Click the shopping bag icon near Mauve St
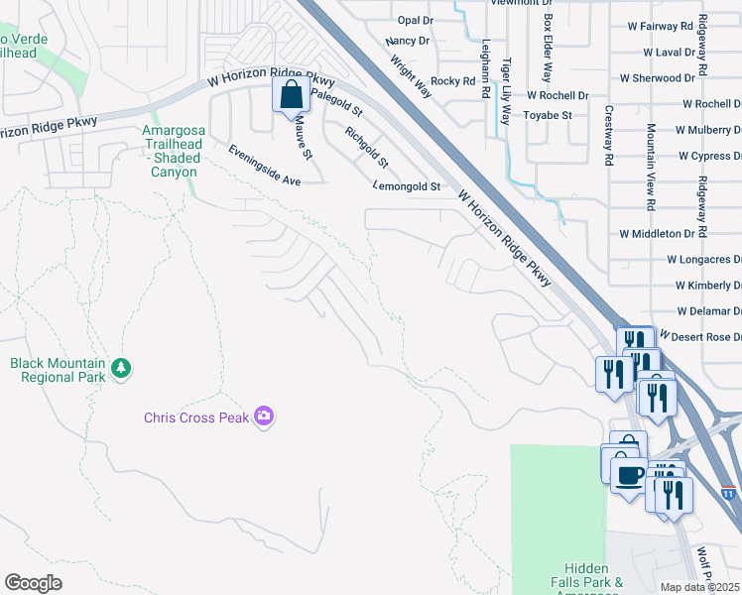click(291, 95)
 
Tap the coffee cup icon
click(628, 474)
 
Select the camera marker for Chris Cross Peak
click(264, 416)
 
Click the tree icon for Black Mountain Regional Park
click(121, 369)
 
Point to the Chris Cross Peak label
click(196, 417)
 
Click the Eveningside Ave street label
click(264, 166)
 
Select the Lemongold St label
click(406, 185)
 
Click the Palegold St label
click(336, 105)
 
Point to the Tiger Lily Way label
click(506, 89)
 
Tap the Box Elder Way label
click(547, 48)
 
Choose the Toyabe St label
click(548, 115)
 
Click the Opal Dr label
click(415, 20)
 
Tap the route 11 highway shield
click(729, 493)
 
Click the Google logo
click(33, 583)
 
